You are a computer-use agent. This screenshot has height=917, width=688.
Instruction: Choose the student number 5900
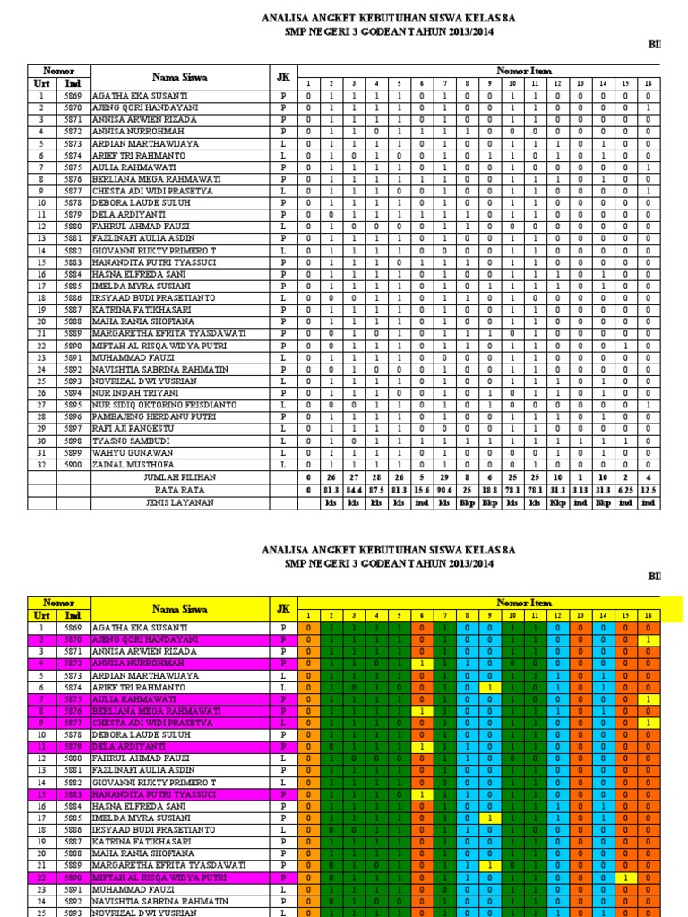pyautogui.click(x=73, y=465)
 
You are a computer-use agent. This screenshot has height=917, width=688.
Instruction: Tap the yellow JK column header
pyautogui.click(x=283, y=609)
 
